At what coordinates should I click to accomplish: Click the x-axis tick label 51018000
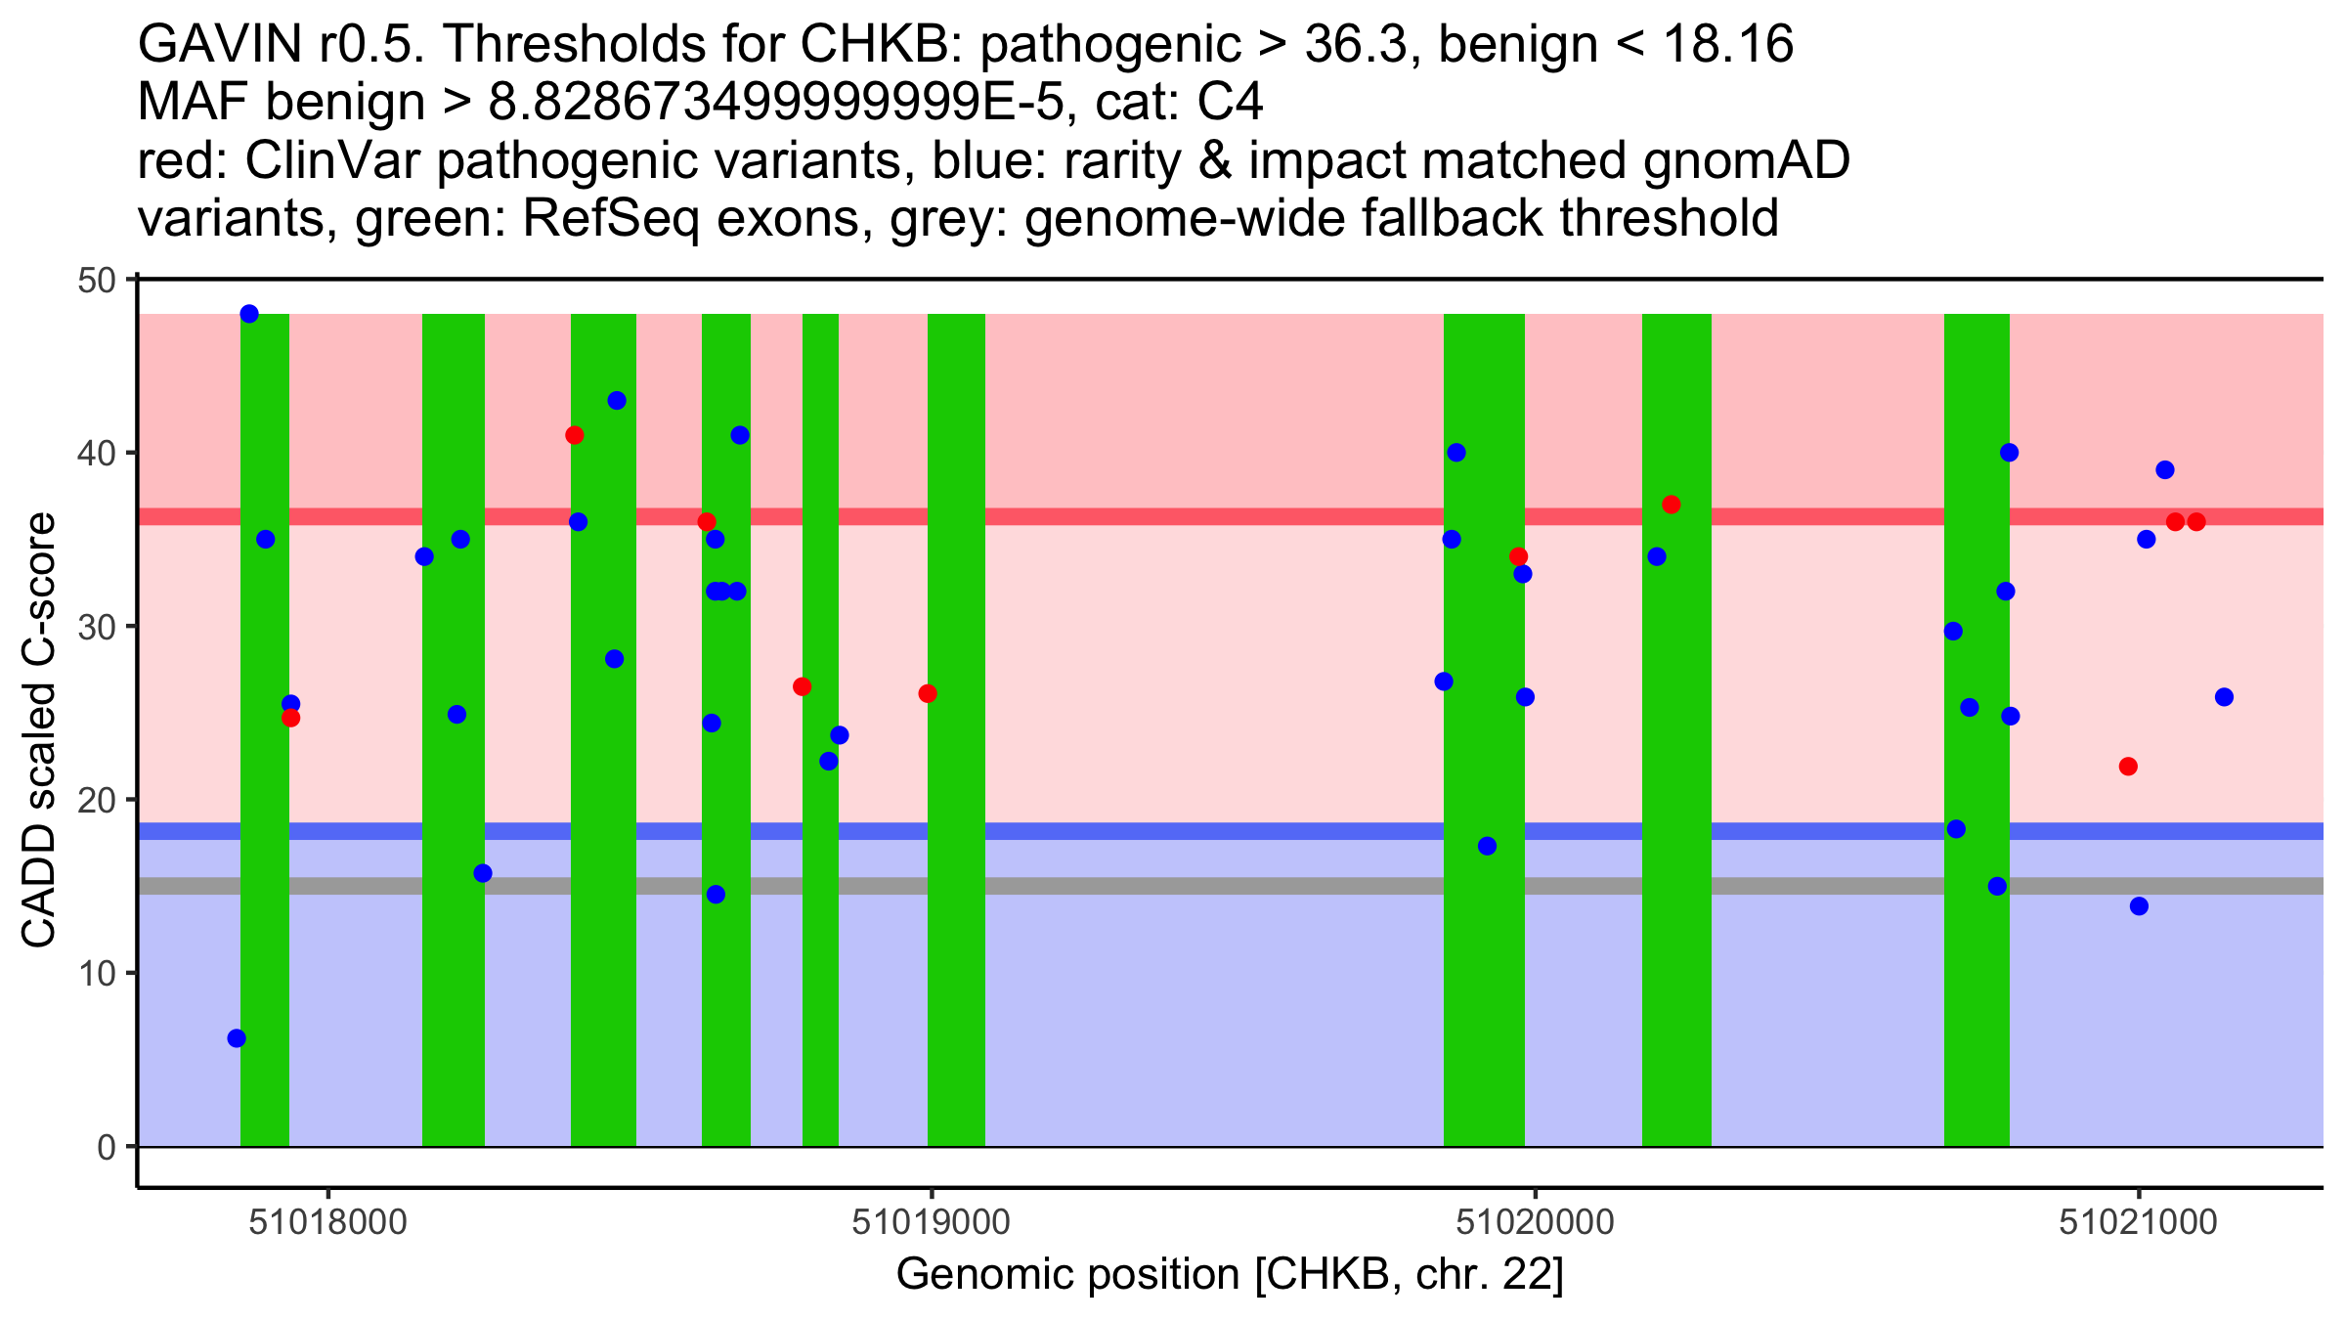(327, 1223)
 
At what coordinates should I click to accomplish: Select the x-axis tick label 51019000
(931, 1223)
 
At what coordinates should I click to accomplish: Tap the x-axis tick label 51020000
(1535, 1223)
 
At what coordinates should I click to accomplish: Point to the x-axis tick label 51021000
(2138, 1223)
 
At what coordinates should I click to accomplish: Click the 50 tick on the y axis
(95, 281)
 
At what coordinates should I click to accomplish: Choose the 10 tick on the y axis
(95, 974)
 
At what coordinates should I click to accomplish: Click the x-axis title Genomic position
(1230, 1275)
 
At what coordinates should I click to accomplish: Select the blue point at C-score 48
(249, 314)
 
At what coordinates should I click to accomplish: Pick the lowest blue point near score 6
(237, 1038)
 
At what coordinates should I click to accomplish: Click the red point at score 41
(575, 435)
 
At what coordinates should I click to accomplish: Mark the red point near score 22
(2128, 767)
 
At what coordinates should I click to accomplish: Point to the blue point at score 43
(617, 401)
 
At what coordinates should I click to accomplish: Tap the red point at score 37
(1672, 506)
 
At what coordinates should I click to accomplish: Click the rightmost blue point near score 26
(2224, 697)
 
